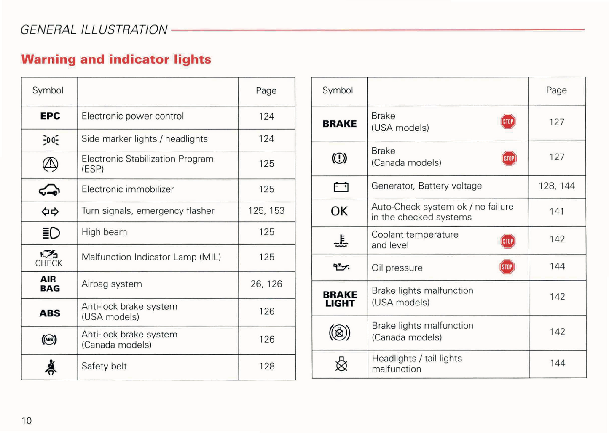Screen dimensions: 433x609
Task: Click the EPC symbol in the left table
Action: click(x=50, y=116)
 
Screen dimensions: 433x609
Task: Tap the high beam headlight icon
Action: click(x=51, y=233)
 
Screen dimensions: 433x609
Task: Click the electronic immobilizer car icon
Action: click(x=49, y=190)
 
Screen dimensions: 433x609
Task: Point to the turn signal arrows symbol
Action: click(x=50, y=212)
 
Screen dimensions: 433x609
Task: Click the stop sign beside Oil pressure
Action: click(x=507, y=267)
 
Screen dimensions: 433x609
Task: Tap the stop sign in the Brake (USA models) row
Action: click(x=508, y=122)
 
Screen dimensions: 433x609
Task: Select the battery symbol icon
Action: click(x=341, y=187)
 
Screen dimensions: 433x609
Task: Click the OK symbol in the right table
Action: click(x=339, y=211)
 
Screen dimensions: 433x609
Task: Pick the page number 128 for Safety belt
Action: click(x=267, y=367)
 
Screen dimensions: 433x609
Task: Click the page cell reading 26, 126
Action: click(x=266, y=284)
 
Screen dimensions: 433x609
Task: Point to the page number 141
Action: click(x=557, y=211)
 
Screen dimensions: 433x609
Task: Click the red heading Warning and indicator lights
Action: click(x=116, y=59)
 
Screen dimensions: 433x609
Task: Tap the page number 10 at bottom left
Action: click(x=27, y=421)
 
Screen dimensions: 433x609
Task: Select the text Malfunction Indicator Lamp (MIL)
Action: click(x=151, y=257)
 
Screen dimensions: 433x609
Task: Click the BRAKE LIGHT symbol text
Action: click(x=340, y=299)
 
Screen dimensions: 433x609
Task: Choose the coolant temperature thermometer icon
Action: click(x=341, y=241)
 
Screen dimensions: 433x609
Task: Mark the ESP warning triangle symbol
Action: click(x=50, y=164)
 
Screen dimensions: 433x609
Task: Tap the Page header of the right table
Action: click(x=556, y=90)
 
